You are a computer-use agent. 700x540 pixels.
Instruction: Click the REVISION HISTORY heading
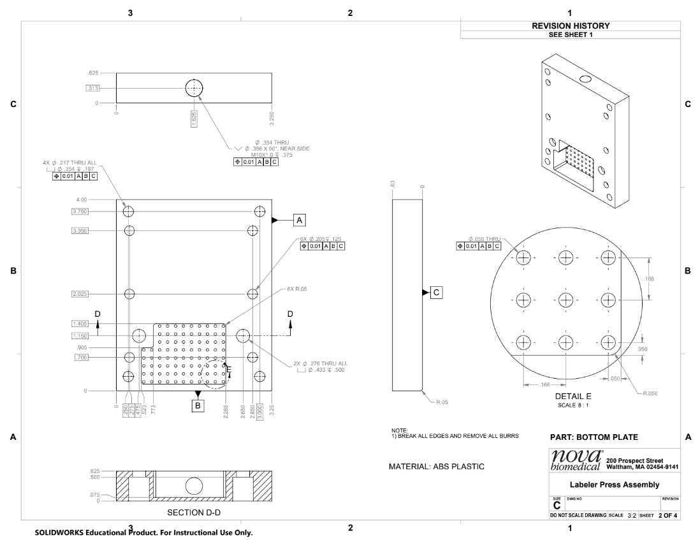571,26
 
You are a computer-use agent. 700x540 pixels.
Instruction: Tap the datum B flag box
198,405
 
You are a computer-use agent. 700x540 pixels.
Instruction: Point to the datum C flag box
436,292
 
